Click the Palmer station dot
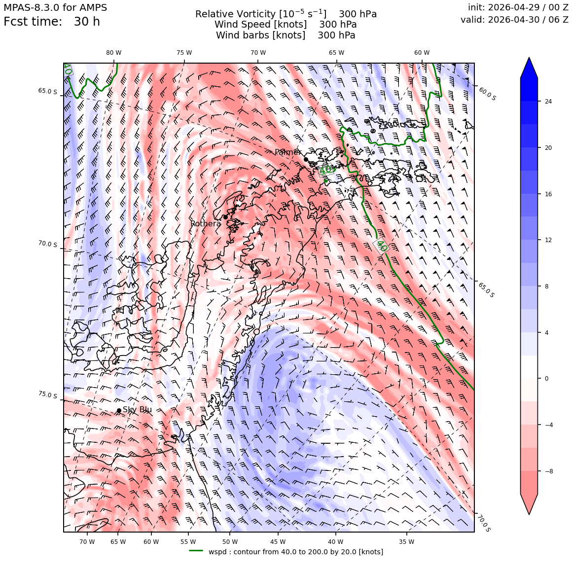[x=306, y=159]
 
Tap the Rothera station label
[x=206, y=223]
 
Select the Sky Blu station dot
[x=119, y=410]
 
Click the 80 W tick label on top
[x=114, y=53]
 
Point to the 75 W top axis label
[x=184, y=53]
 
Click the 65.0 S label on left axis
[x=48, y=91]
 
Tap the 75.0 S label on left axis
[x=48, y=395]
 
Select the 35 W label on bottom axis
[x=407, y=542]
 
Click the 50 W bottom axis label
[x=230, y=542]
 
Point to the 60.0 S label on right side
[x=487, y=94]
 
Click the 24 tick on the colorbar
[x=548, y=102]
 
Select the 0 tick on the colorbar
[x=546, y=379]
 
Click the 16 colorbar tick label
[x=548, y=194]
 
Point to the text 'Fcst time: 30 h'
[x=52, y=22]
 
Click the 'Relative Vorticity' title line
[x=286, y=14]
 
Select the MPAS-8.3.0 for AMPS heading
[x=55, y=7]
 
